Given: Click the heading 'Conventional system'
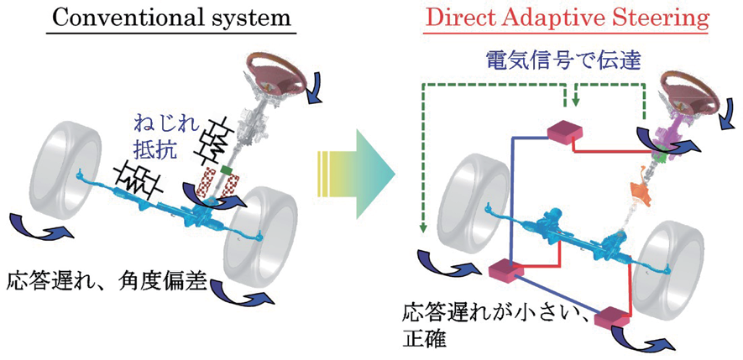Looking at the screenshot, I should point(170,18).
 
